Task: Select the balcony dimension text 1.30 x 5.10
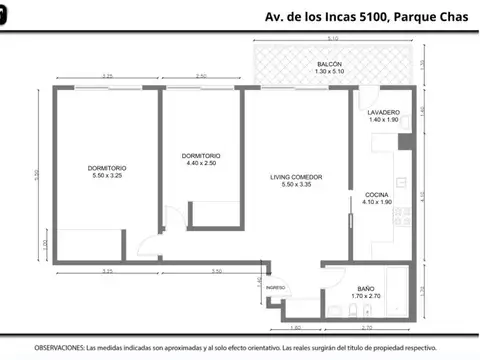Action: tap(316, 72)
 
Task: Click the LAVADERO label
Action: tap(384, 112)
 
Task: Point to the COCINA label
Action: tap(377, 193)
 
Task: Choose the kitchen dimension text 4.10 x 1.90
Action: tap(377, 201)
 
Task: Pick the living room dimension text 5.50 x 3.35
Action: tap(297, 186)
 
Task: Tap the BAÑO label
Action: tap(366, 289)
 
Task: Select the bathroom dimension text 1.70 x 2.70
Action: tap(366, 297)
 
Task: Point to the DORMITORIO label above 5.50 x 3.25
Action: tap(106, 167)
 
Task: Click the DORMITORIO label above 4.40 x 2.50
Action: tap(201, 156)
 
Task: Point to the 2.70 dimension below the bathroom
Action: tap(366, 327)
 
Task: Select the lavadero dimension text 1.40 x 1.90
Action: tap(384, 120)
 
